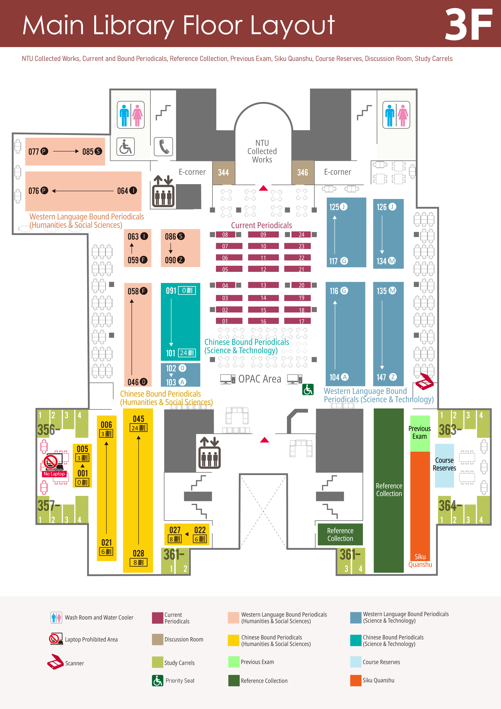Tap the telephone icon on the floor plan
[163, 147]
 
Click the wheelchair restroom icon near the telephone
[125, 147]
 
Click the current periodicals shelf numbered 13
[263, 285]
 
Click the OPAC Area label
[260, 379]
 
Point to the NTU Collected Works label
[262, 151]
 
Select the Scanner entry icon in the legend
[55, 662]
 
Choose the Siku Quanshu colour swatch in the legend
[356, 680]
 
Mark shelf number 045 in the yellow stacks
[139, 419]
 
